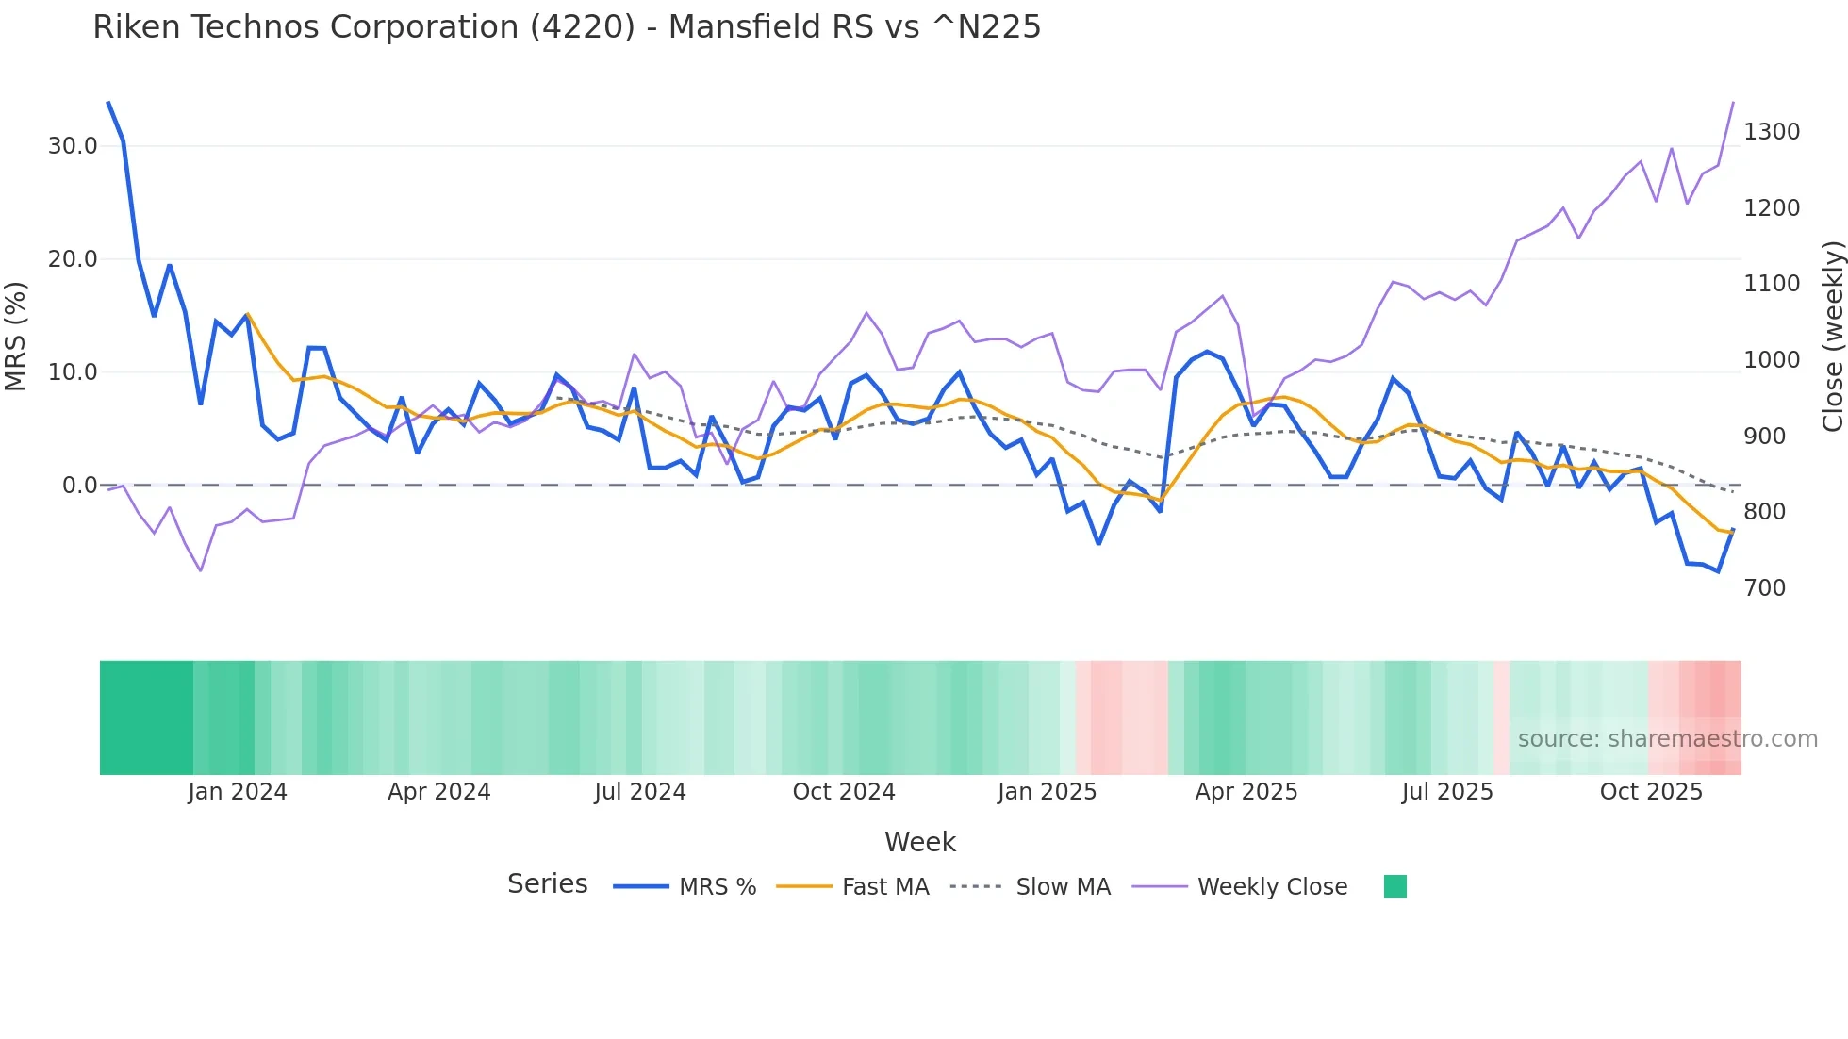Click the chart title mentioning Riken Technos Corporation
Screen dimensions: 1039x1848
pyautogui.click(x=567, y=27)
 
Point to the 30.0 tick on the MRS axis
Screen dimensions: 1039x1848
pyautogui.click(x=73, y=146)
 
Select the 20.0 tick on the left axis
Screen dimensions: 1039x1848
pyautogui.click(x=73, y=259)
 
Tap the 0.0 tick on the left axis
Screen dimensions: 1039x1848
pyautogui.click(x=79, y=486)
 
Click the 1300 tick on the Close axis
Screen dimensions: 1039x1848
pyautogui.click(x=1771, y=132)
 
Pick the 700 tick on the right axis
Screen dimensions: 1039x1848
pyautogui.click(x=1764, y=588)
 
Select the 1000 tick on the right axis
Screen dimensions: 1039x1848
pyautogui.click(x=1771, y=360)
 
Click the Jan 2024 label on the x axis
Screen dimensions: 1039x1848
pyautogui.click(x=237, y=792)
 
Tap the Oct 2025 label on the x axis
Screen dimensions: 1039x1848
pyautogui.click(x=1650, y=792)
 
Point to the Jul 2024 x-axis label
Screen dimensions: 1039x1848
pyautogui.click(x=639, y=792)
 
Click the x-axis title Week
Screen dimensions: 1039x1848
pyautogui.click(x=919, y=842)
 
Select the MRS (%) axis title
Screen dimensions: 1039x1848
pyautogui.click(x=16, y=336)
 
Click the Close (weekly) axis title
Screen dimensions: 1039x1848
pyautogui.click(x=1832, y=336)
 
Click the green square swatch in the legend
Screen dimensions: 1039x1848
pyautogui.click(x=1394, y=886)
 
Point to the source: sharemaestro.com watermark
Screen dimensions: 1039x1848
pyautogui.click(x=1667, y=739)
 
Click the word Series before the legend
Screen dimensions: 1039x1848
pyautogui.click(x=547, y=884)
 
